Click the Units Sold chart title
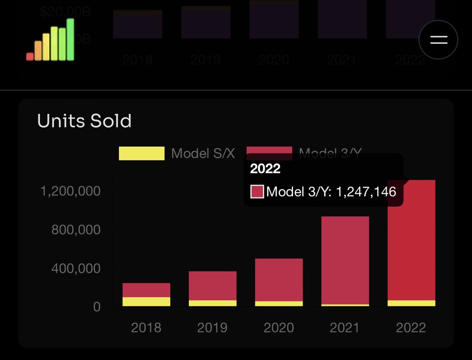(x=84, y=121)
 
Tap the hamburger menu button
(x=438, y=40)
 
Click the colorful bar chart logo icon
(x=50, y=40)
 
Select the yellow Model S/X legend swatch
(x=142, y=153)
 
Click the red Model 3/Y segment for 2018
(x=146, y=290)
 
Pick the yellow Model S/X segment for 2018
(x=146, y=301)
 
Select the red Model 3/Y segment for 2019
(x=212, y=286)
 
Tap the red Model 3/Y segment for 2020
(x=279, y=279)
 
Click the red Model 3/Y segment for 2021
(x=345, y=260)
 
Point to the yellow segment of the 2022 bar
(x=411, y=303)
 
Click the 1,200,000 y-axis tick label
(x=70, y=191)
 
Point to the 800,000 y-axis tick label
(x=76, y=230)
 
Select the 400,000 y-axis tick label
(x=76, y=268)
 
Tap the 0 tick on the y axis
(x=97, y=307)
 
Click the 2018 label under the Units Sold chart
(x=146, y=328)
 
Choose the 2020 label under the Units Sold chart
(x=279, y=328)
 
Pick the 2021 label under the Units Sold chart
(x=345, y=328)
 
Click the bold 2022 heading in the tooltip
(x=265, y=169)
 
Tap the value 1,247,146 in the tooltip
(x=365, y=192)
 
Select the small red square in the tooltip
(x=257, y=192)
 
